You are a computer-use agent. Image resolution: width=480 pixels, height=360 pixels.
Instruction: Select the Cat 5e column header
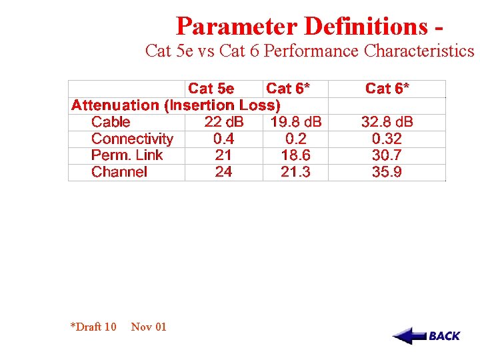coord(211,89)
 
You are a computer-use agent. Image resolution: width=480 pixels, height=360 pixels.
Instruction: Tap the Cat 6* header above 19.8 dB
coord(288,89)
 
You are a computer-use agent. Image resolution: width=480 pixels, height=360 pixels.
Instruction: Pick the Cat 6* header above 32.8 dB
coord(387,89)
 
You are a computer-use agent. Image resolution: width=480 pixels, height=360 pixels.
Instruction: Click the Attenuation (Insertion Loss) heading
coord(176,105)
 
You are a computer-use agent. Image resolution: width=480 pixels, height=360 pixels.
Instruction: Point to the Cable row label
coord(111,122)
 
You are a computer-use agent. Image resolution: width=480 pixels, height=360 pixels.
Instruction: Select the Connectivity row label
coord(132,139)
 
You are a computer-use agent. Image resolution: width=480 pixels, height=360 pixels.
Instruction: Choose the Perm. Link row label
coord(127,155)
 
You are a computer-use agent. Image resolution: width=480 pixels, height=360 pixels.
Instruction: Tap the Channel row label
coord(119,172)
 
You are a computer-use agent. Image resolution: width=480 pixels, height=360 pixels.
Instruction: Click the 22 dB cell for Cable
coord(224,122)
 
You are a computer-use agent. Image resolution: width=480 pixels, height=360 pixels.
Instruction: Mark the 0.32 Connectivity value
coord(387,139)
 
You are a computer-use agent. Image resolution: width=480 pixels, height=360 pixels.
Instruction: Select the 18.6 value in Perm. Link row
coord(295,155)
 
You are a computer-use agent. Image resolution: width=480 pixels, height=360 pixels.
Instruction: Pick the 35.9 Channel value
coord(387,172)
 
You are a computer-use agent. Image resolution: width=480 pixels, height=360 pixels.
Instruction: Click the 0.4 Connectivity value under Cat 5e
coord(223,139)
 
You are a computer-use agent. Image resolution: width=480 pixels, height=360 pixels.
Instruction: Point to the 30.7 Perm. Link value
coord(387,155)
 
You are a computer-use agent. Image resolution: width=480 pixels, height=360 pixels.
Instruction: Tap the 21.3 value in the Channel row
coord(295,172)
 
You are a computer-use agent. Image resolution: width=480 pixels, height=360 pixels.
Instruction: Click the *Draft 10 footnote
coord(93,327)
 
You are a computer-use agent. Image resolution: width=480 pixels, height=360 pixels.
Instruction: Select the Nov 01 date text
coord(149,327)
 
